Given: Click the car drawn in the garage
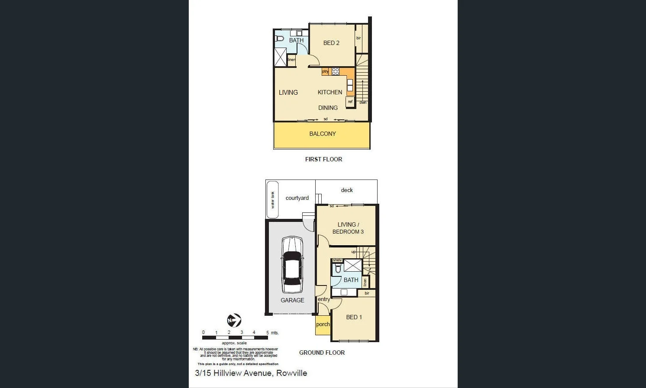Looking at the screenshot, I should (x=292, y=265).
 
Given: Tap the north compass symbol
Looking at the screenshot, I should (x=234, y=321).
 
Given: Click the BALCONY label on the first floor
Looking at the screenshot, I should (x=323, y=134).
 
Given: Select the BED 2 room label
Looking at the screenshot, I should (x=331, y=43).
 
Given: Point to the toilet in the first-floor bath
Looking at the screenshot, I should (x=280, y=39).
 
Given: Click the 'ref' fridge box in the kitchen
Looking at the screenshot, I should (x=350, y=102).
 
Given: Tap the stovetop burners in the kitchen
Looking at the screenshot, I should (x=336, y=71).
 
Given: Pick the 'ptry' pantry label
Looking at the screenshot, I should (x=325, y=71).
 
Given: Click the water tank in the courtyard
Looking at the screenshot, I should (x=272, y=199).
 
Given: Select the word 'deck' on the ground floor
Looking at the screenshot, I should (x=347, y=190).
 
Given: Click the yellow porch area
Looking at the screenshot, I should (x=323, y=325).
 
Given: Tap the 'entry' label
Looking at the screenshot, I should (x=323, y=299).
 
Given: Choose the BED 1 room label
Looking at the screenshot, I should (x=354, y=317).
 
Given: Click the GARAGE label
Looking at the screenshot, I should (x=292, y=300).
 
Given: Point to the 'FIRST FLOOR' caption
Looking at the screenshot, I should (x=323, y=159).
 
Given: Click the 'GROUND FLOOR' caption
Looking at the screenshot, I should (x=322, y=353).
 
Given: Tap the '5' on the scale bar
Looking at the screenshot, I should (x=268, y=333).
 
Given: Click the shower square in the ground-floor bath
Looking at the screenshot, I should (x=353, y=265).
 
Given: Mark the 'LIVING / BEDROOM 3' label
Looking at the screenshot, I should (x=348, y=228).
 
